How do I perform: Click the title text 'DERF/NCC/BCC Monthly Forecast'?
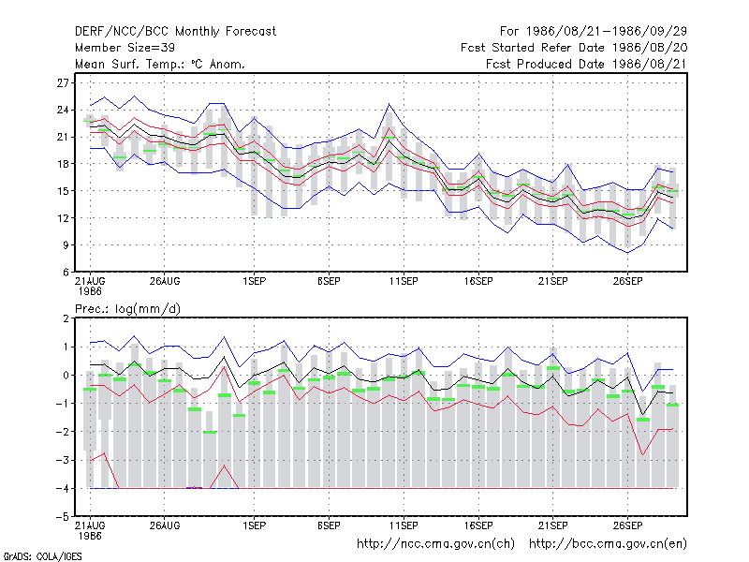pyautogui.click(x=175, y=32)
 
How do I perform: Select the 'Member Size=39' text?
pyautogui.click(x=125, y=48)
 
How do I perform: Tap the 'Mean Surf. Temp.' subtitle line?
pyautogui.click(x=160, y=64)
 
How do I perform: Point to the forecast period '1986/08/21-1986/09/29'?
pyautogui.click(x=606, y=32)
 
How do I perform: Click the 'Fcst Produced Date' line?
pyautogui.click(x=586, y=64)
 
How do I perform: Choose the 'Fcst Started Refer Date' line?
pyautogui.click(x=574, y=48)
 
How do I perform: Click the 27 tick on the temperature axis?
pyautogui.click(x=63, y=83)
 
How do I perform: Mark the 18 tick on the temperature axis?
pyautogui.click(x=63, y=164)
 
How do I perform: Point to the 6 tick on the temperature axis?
pyautogui.click(x=66, y=273)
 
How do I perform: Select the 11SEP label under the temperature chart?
pyautogui.click(x=404, y=282)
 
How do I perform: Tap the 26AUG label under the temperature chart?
pyautogui.click(x=165, y=282)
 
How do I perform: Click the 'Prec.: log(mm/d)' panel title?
pyautogui.click(x=127, y=309)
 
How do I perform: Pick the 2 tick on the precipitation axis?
pyautogui.click(x=66, y=318)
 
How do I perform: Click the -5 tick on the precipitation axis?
pyautogui.click(x=63, y=517)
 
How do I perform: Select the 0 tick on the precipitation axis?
pyautogui.click(x=66, y=376)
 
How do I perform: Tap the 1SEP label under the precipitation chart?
pyautogui.click(x=254, y=525)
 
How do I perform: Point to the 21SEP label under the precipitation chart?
pyautogui.click(x=553, y=525)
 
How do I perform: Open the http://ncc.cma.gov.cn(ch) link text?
pyautogui.click(x=435, y=544)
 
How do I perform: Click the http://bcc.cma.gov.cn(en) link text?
pyautogui.click(x=608, y=544)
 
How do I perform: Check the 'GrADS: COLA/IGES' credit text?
pyautogui.click(x=42, y=556)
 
